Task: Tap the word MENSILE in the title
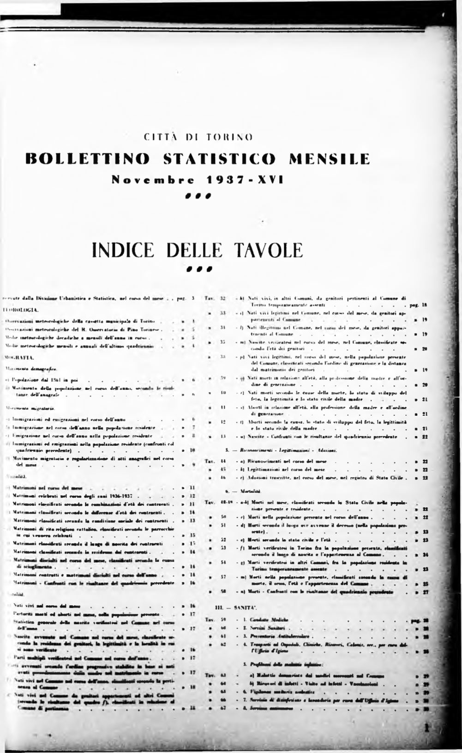(x=329, y=158)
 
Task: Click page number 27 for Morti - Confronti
(x=425, y=591)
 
